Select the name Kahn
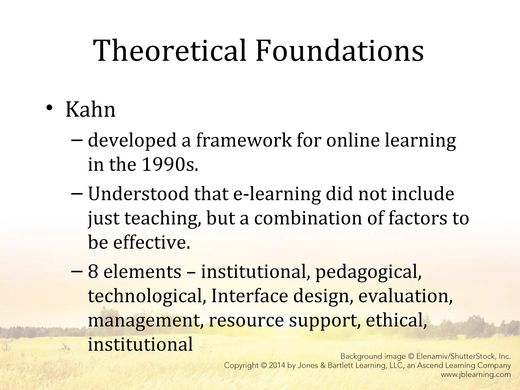pos(90,110)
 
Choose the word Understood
pos(138,194)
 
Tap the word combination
pos(308,218)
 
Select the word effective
pos(151,242)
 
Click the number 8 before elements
pos(93,272)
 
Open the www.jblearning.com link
pos(476,375)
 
